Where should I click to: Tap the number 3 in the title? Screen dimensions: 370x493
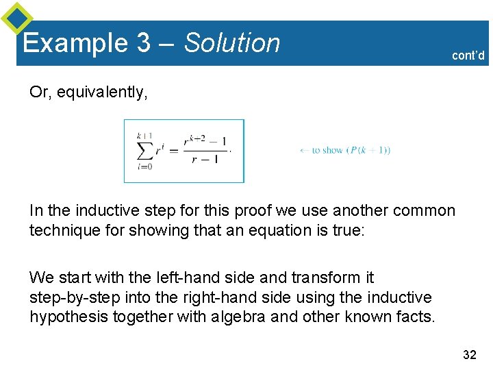click(x=143, y=43)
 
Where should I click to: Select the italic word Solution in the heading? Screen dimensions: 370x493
click(x=232, y=43)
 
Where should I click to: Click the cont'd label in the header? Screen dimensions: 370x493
click(x=468, y=56)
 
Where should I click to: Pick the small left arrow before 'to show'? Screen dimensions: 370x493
click(x=305, y=151)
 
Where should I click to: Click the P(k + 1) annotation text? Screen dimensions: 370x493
click(x=369, y=151)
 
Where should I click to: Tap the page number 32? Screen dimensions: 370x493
click(x=470, y=354)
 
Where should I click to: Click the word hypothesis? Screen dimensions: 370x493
click(x=64, y=317)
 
